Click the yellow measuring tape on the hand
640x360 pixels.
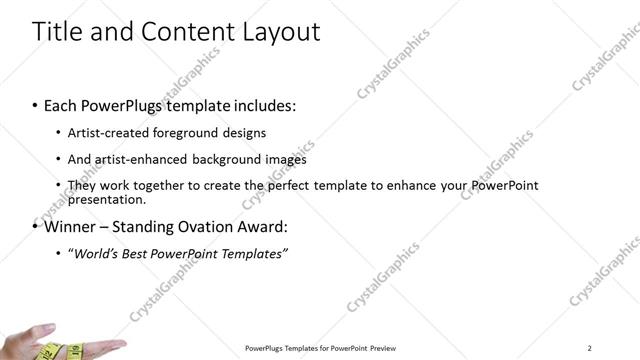click(50, 351)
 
